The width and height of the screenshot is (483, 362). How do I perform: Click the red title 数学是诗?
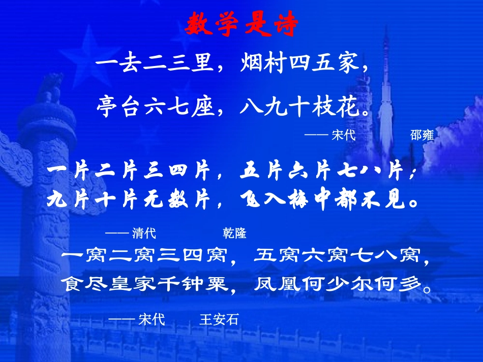click(x=241, y=24)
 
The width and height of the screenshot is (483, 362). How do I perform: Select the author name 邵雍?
click(x=421, y=135)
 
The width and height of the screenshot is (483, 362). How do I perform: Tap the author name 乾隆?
click(x=234, y=233)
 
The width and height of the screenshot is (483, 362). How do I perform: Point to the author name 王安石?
click(x=219, y=320)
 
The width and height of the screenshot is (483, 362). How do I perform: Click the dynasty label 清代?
click(x=144, y=233)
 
